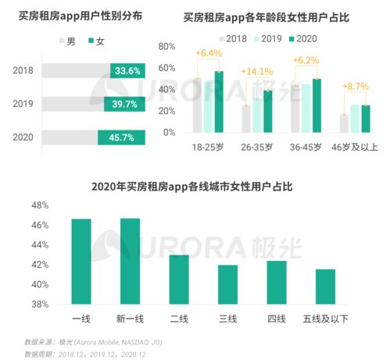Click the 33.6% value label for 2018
(x=127, y=70)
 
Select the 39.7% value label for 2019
(x=127, y=104)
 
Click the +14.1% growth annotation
(x=256, y=73)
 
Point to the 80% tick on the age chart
(x=167, y=47)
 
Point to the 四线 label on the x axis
(x=276, y=319)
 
